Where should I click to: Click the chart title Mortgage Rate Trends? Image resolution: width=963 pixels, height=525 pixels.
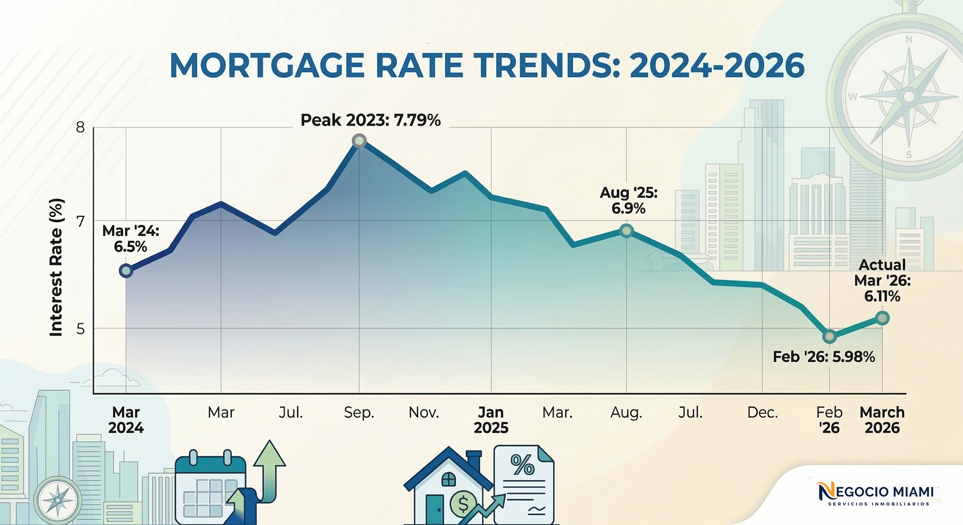[x=487, y=66]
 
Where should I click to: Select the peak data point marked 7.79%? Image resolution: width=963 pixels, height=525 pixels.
[x=359, y=141]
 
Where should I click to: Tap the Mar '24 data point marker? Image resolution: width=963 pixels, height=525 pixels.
[x=126, y=271]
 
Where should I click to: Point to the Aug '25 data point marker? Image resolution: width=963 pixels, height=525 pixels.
[x=626, y=231]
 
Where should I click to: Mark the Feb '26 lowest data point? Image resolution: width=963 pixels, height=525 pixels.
[x=830, y=337]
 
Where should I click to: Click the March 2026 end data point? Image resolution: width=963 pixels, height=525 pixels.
[x=882, y=318]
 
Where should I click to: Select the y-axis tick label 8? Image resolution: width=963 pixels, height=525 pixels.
[x=80, y=127]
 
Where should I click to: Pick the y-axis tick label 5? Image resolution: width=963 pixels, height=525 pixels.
[x=80, y=329]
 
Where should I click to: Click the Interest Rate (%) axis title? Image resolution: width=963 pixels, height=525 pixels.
[x=56, y=267]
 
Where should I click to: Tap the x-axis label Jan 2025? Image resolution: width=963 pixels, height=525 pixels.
[x=491, y=420]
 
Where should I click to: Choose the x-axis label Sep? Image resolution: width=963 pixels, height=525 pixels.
[x=359, y=413]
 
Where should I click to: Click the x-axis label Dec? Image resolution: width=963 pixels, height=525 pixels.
[x=762, y=413]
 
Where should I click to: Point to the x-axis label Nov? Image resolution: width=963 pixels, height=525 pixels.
[x=424, y=413]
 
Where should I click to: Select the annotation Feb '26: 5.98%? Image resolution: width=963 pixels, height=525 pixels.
[x=823, y=357]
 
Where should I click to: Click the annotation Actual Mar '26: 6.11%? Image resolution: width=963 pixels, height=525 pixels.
[x=882, y=280]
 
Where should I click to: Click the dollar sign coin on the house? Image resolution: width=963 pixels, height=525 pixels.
[x=463, y=504]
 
